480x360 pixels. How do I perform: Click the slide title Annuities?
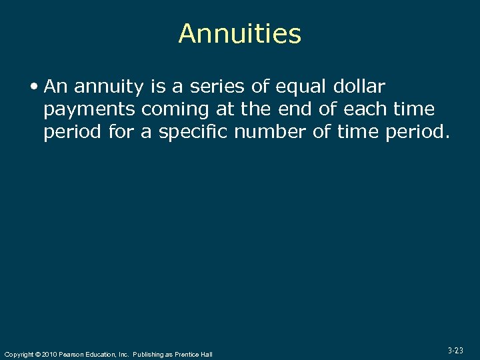coord(240,34)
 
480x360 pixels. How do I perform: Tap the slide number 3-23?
coord(455,350)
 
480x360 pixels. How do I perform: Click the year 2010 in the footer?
coord(49,354)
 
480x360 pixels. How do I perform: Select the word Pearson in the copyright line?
coord(72,354)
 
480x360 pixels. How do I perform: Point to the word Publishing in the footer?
coord(149,354)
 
